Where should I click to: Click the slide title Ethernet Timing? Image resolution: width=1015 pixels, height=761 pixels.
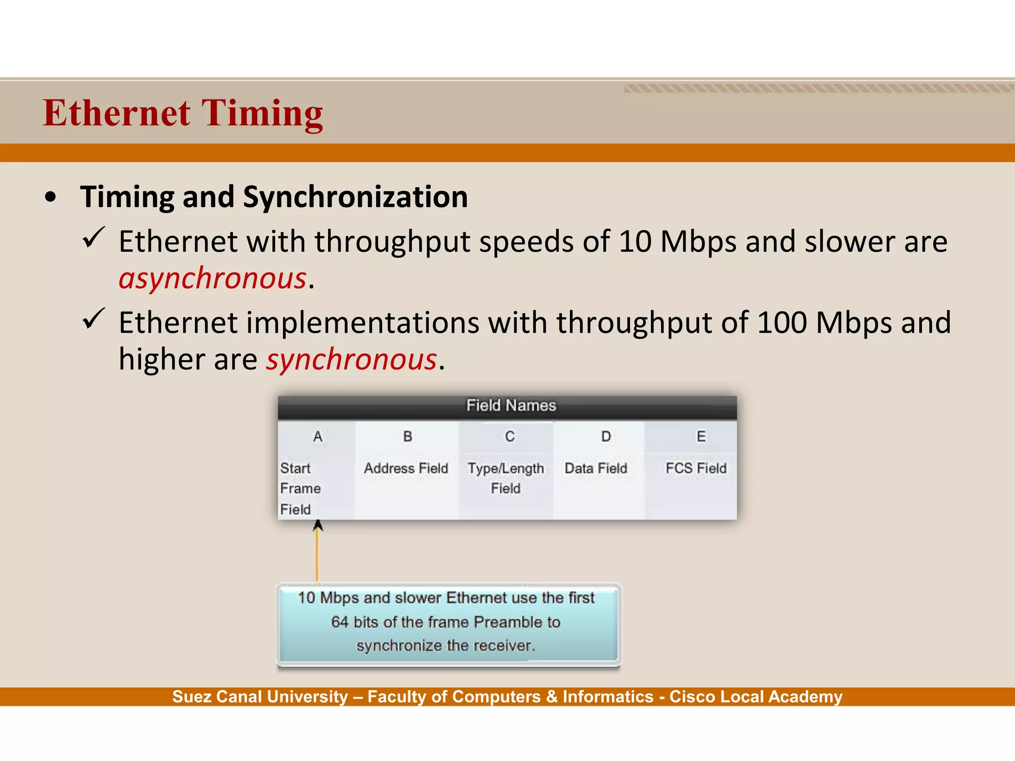182,113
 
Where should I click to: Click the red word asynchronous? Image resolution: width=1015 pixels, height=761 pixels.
213,278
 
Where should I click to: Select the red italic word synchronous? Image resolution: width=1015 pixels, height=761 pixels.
352,359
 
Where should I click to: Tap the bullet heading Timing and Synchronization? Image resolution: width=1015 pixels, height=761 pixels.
274,197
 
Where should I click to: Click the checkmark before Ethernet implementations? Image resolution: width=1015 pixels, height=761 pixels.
93,319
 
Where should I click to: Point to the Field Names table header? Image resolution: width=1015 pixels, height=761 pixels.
510,406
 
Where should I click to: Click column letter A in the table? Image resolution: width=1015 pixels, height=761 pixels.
318,436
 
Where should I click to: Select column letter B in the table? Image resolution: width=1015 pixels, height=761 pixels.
407,436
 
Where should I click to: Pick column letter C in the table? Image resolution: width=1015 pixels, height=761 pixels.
509,436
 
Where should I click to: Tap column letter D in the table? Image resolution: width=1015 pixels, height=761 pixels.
606,436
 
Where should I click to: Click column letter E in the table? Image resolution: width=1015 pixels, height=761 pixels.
701,436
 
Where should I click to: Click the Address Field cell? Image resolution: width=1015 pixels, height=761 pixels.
406,468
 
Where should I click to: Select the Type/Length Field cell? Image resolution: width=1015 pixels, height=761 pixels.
506,478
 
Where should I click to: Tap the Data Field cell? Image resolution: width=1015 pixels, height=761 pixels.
596,468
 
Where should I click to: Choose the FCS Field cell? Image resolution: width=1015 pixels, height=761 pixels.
696,468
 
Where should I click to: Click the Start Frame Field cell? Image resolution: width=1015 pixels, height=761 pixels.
300,489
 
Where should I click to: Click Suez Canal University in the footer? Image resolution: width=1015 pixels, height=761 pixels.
260,697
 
